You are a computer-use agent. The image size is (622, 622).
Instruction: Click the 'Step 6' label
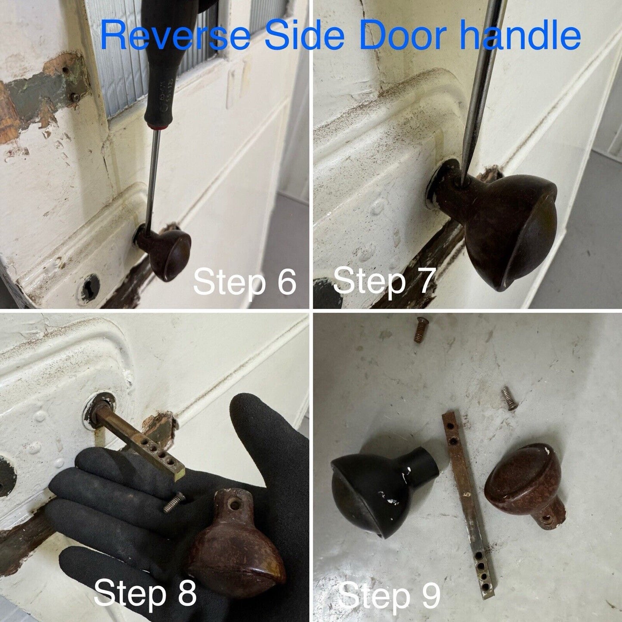pos(244,282)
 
